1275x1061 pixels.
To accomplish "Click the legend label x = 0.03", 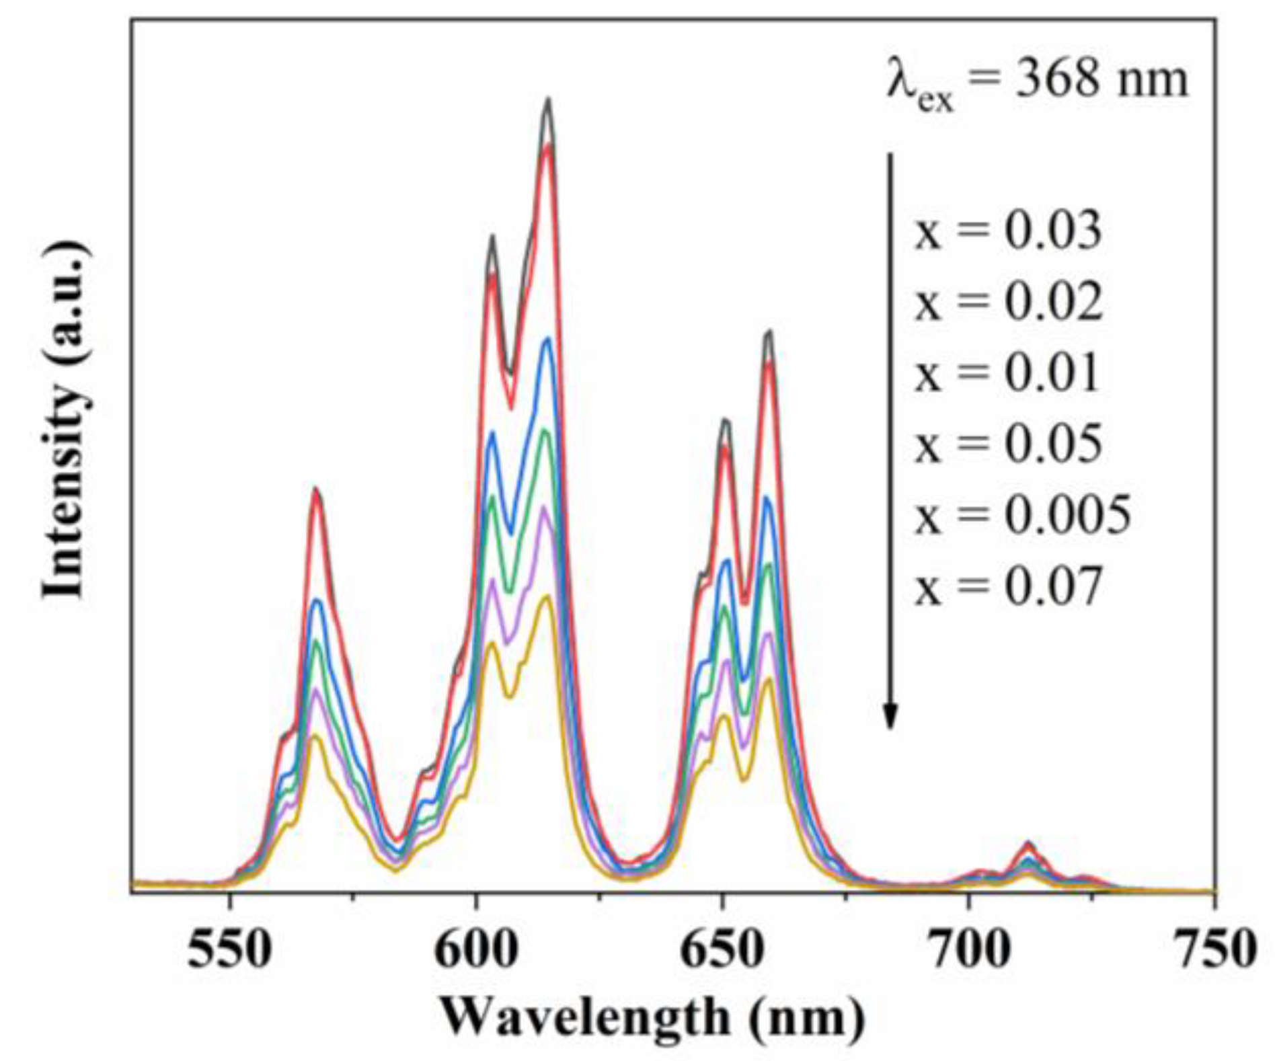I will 1007,231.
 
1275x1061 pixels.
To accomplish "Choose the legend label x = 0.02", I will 1007,302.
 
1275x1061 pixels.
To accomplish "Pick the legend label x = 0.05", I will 1007,444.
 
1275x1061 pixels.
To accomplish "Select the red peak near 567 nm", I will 315,491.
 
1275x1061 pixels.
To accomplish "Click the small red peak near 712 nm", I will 1028,843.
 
